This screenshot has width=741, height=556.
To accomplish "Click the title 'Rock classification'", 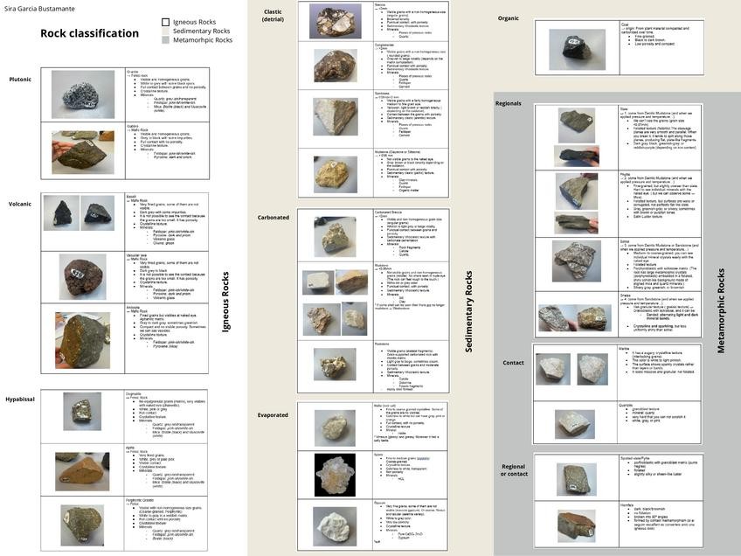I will tap(89, 34).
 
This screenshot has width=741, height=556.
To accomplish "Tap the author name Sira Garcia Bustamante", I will tap(40, 8).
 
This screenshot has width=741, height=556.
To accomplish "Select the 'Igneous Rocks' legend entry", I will tap(194, 22).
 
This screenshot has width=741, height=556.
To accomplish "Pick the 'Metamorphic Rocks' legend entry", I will tap(202, 40).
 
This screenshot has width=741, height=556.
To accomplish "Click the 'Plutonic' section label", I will tap(20, 80).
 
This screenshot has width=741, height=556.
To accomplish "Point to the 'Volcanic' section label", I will tap(20, 204).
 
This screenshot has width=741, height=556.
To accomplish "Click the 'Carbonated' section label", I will tap(274, 217).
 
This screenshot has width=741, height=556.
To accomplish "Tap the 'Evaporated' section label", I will tap(273, 415).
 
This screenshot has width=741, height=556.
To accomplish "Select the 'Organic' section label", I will tap(508, 18).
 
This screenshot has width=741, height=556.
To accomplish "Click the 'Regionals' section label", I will tap(508, 103).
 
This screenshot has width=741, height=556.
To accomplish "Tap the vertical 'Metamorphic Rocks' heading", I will tap(721, 310).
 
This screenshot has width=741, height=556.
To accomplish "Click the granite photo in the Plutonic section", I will tap(83, 94).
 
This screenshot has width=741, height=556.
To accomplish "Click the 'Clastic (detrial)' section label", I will tap(273, 15).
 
